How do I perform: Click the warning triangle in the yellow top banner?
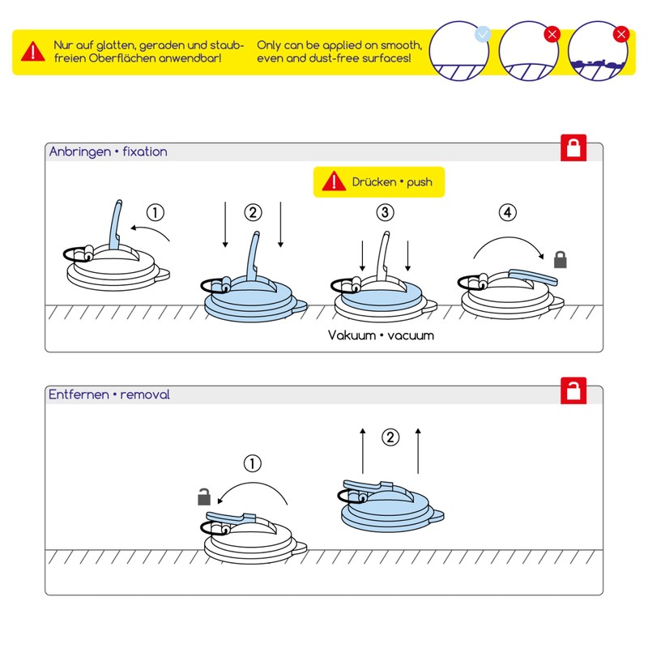32,51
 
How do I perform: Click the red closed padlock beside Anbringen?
573,149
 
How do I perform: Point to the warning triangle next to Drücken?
334,182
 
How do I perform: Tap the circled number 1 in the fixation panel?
156,213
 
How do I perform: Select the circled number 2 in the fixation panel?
253,213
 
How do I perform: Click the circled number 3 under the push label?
385,213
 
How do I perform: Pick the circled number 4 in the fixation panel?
508,213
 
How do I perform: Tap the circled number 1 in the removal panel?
253,464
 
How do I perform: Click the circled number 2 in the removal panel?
390,437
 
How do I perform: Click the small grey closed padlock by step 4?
560,259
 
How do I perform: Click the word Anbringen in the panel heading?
80,151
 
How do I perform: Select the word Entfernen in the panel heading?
79,394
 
